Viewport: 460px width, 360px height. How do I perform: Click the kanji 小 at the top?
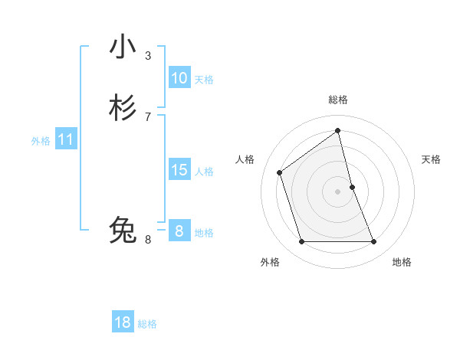(123, 47)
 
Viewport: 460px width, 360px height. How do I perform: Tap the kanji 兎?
(123, 229)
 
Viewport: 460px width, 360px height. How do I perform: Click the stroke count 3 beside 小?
(148, 55)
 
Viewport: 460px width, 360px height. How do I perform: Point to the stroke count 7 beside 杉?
(148, 117)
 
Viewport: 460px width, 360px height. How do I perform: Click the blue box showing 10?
(179, 78)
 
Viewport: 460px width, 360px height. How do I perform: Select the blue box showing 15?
(179, 170)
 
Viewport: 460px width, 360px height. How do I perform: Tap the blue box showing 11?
(66, 140)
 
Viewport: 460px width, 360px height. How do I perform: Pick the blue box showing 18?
(123, 322)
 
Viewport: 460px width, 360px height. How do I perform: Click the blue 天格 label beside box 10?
(204, 80)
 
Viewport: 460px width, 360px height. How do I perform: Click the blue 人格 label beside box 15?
(204, 172)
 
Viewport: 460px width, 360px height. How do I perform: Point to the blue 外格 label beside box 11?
(41, 142)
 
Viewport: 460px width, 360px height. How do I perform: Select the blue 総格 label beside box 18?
(147, 324)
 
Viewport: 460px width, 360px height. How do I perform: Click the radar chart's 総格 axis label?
(338, 100)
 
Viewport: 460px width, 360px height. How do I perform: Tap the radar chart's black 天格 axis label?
(432, 159)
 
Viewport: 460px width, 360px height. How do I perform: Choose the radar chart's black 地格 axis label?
(402, 262)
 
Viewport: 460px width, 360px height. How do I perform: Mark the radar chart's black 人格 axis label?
(245, 159)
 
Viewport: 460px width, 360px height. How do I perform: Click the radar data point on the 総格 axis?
(338, 130)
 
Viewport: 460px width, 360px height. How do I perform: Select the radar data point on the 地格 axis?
(374, 242)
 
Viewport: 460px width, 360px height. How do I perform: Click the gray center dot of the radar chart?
(338, 191)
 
